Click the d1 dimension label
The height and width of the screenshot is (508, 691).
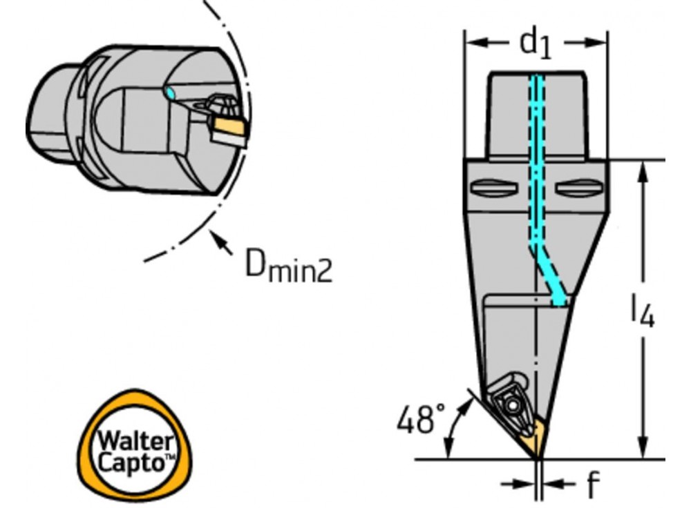coord(536,43)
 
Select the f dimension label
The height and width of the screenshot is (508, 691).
coord(591,485)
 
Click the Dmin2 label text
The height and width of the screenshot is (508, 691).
coord(288,266)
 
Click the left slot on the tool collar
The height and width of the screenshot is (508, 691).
coord(492,188)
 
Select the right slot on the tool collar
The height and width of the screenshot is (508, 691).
coord(578,188)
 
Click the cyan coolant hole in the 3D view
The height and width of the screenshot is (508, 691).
coord(171,92)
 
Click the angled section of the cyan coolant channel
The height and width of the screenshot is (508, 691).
coord(549,273)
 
